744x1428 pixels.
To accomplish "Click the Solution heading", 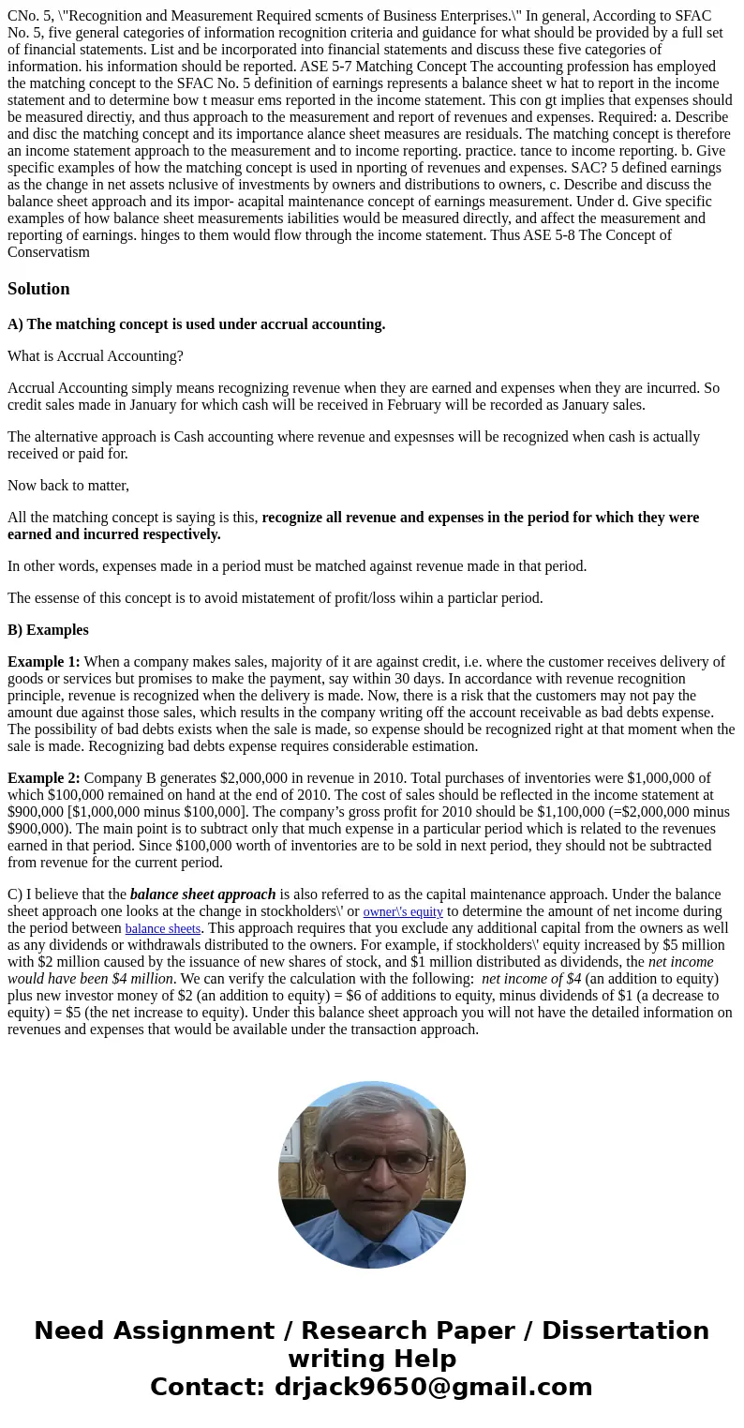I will tap(38, 289).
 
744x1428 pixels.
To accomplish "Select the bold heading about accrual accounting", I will tap(196, 324).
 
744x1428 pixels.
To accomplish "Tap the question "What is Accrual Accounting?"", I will tap(96, 356).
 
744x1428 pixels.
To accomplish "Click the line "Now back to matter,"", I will tap(68, 486).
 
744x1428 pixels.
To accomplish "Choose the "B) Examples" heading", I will tap(48, 630).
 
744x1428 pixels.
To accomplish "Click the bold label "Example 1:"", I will tap(44, 662).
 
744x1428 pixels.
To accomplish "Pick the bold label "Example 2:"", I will tap(44, 778).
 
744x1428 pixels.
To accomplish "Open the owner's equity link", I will tap(403, 911).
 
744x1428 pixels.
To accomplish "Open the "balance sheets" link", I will tap(163, 928).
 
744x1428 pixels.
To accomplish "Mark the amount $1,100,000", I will tap(535, 812).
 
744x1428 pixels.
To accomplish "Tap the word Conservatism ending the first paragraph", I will tap(49, 251).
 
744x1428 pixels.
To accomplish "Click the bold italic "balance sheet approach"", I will tap(202, 894).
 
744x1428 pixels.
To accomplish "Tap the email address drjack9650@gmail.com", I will tap(433, 1387).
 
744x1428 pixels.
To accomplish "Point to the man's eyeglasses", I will tap(371, 1162).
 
